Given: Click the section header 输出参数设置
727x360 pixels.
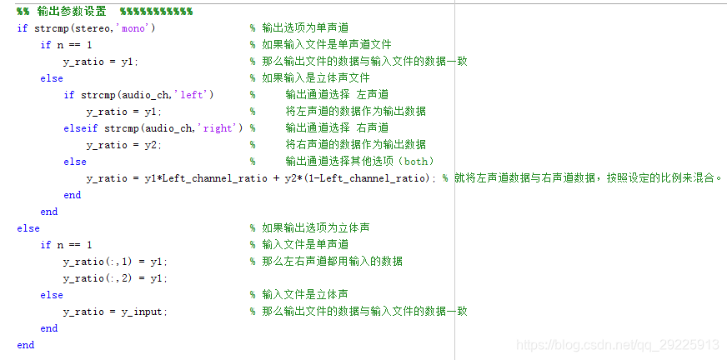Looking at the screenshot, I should pyautogui.click(x=72, y=11).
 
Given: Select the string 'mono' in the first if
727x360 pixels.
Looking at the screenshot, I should pyautogui.click(x=134, y=27).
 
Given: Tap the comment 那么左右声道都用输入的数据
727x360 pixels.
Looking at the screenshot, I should pyautogui.click(x=332, y=261).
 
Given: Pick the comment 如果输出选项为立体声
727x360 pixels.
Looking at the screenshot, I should pyautogui.click(x=315, y=227).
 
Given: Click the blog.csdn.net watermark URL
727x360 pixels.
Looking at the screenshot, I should pyautogui.click(x=617, y=344).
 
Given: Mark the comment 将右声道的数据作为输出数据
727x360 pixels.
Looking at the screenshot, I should pyautogui.click(x=355, y=144).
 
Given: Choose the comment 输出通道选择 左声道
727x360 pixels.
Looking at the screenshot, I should pyautogui.click(x=337, y=94).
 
